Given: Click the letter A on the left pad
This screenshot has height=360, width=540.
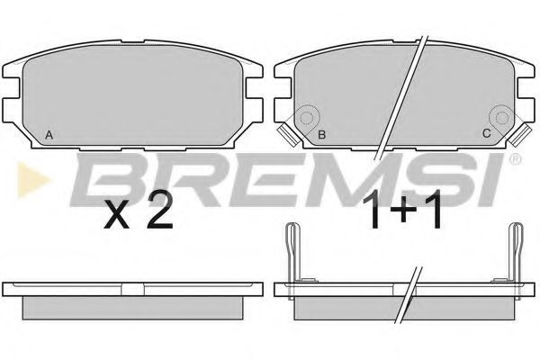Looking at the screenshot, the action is click(49, 135).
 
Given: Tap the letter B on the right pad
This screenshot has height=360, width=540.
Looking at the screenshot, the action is click(321, 135).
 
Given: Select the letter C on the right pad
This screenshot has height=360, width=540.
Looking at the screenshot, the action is click(486, 133).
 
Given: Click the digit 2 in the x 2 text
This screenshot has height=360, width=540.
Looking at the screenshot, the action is click(159, 210).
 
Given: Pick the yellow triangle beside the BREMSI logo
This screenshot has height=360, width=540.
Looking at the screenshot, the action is click(32, 180).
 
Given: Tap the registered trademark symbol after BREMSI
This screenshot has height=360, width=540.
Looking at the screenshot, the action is click(515, 158).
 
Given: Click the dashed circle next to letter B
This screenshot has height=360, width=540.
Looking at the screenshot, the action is click(306, 118).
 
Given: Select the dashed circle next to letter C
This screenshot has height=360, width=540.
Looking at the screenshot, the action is click(502, 118).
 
